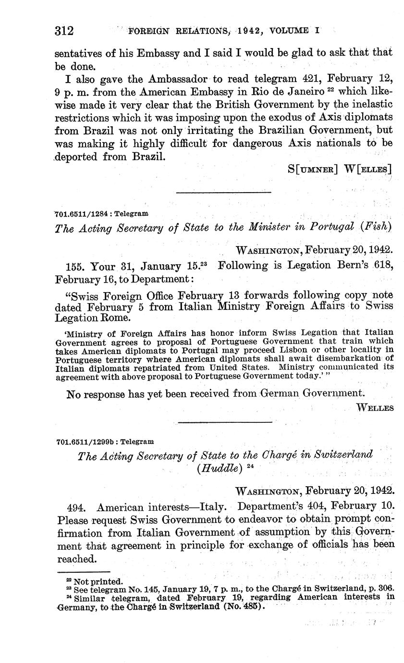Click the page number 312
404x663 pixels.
pos(64,32)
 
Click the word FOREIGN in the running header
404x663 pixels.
pos(148,31)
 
